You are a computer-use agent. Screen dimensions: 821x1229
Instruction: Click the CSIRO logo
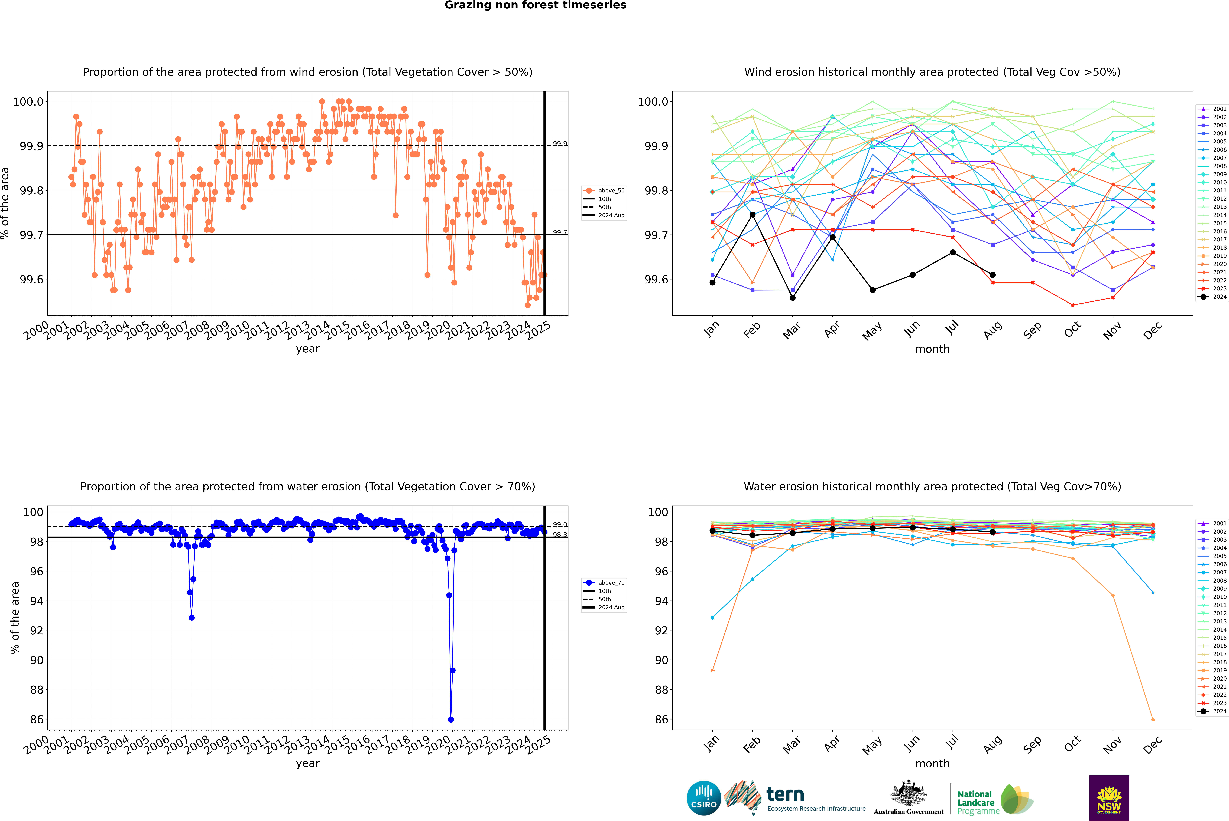704,798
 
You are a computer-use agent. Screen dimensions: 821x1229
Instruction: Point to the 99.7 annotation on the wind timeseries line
559,232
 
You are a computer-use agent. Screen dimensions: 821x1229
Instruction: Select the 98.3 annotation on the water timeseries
559,535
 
